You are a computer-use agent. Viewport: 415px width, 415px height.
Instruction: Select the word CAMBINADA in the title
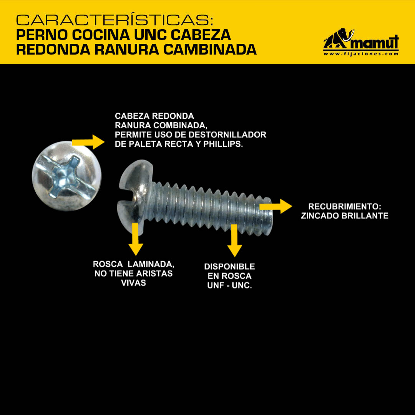210,49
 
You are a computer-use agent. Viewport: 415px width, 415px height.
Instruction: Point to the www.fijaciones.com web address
361,54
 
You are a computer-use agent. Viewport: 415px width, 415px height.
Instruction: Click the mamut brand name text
375,42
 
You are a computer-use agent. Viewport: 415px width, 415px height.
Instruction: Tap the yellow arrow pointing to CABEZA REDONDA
88,142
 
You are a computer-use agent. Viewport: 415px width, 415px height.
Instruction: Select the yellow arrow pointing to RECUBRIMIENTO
276,206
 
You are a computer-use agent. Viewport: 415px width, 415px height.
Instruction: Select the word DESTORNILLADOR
227,135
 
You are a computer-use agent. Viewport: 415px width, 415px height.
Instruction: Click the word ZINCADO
320,216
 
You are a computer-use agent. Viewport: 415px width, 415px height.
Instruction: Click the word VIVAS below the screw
133,283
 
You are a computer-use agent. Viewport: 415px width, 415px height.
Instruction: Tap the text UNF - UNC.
229,285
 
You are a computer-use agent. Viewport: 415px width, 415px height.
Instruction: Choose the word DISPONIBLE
229,267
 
